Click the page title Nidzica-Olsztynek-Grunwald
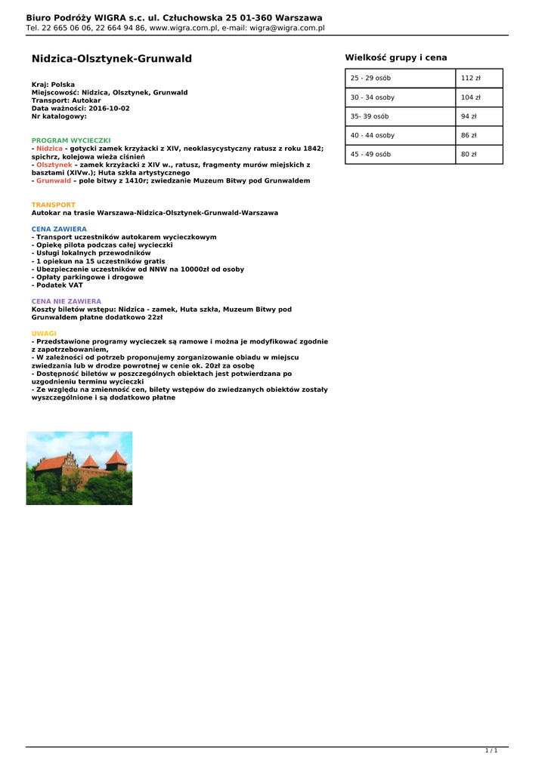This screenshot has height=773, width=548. pyautogui.click(x=111, y=59)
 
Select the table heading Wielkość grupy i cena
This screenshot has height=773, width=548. pyautogui.click(x=395, y=57)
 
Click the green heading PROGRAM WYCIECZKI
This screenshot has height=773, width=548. pyautogui.click(x=71, y=140)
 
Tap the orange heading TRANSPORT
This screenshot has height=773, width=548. pyautogui.click(x=53, y=205)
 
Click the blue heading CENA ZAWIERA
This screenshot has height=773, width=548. pyautogui.click(x=59, y=229)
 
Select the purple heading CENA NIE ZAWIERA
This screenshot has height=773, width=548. pyautogui.click(x=66, y=301)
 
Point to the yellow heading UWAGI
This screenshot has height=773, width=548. pyautogui.click(x=44, y=333)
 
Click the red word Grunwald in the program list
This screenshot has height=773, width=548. pyautogui.click(x=54, y=181)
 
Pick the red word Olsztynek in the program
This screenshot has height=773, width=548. pyautogui.click(x=54, y=165)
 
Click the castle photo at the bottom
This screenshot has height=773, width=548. pyautogui.click(x=79, y=468)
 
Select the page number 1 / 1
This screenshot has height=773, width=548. pyautogui.click(x=491, y=750)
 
